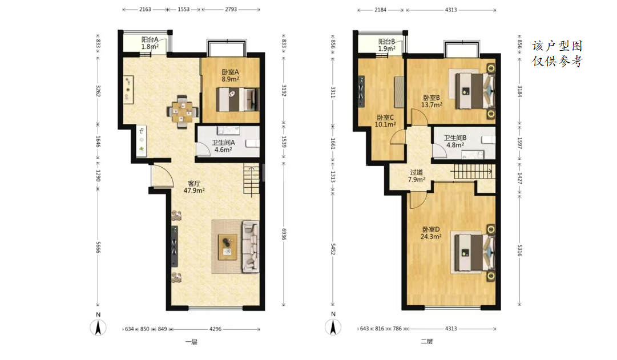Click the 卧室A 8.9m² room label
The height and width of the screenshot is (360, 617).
pyautogui.click(x=230, y=75)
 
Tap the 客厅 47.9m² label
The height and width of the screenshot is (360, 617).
pyautogui.click(x=194, y=187)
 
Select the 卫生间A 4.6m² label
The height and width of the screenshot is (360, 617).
pyautogui.click(x=223, y=146)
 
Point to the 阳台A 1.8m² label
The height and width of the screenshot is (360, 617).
pyautogui.click(x=150, y=43)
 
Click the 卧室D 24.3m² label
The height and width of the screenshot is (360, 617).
pyautogui.click(x=431, y=233)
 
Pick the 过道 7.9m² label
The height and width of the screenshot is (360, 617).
pyautogui.click(x=416, y=176)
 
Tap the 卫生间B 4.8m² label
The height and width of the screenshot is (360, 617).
pyautogui.click(x=455, y=141)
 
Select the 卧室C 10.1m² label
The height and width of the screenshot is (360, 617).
pyautogui.click(x=385, y=121)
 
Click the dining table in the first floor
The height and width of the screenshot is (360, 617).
pyautogui.click(x=182, y=112)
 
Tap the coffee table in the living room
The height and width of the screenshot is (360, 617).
pyautogui.click(x=227, y=246)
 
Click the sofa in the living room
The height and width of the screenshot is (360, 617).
pyautogui.click(x=250, y=246)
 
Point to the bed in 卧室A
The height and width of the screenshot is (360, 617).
pyautogui.click(x=237, y=99)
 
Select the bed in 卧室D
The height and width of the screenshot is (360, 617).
pyautogui.click(x=474, y=252)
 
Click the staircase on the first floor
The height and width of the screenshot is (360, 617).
pyautogui.click(x=252, y=180)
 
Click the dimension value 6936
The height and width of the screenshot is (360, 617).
pyautogui.click(x=284, y=234)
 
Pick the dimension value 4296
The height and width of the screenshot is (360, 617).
pyautogui.click(x=215, y=329)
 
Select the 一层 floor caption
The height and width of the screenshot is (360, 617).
pyautogui.click(x=191, y=342)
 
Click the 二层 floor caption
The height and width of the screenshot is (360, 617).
pyautogui.click(x=426, y=342)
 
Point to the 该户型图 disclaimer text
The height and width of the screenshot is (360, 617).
pyautogui.click(x=557, y=46)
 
